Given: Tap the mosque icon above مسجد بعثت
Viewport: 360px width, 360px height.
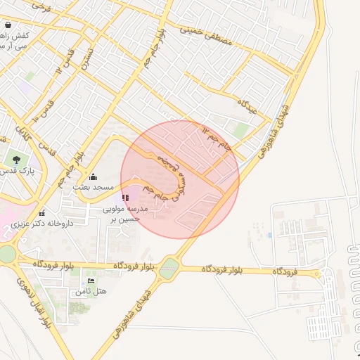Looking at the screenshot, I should tap(94, 176).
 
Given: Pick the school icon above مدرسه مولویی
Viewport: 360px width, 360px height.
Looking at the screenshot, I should tap(126, 198).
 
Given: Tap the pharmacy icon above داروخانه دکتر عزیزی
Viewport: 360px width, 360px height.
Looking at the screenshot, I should tap(43, 212).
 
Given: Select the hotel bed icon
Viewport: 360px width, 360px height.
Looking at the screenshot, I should tap(91, 281).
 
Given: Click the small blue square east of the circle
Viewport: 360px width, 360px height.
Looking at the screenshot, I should tap(269, 233).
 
